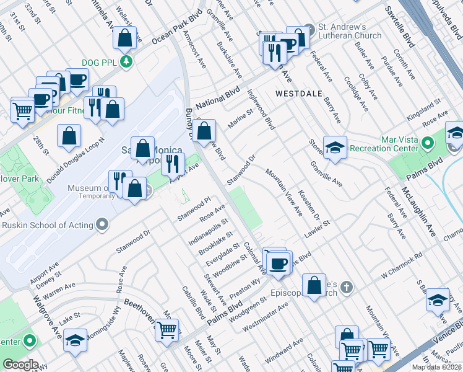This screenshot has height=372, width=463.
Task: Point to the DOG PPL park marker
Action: [x=126, y=62]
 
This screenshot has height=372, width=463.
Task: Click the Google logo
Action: [x=20, y=365]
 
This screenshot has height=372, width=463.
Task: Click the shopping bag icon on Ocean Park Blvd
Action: [x=125, y=38]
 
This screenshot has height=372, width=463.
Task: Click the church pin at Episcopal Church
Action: [x=347, y=287]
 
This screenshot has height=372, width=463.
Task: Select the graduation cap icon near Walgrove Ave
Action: [x=75, y=340]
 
